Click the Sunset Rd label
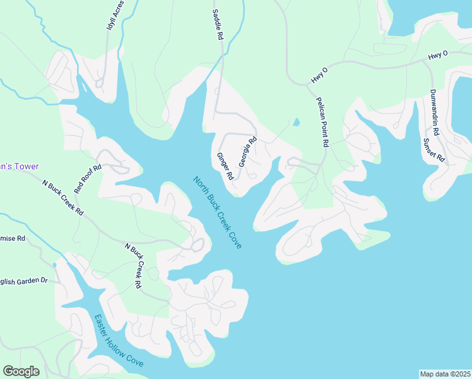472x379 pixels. pyautogui.click(x=434, y=150)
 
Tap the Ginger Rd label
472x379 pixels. pyautogui.click(x=225, y=166)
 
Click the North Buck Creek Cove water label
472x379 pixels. pyautogui.click(x=217, y=212)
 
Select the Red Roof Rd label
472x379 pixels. pyautogui.click(x=88, y=179)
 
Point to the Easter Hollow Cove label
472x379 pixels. pyautogui.click(x=119, y=341)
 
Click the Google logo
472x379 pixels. pyautogui.click(x=21, y=371)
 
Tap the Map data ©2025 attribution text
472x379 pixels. pyautogui.click(x=445, y=373)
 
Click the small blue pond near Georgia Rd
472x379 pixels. pyautogui.click(x=296, y=122)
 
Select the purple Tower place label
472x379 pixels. pyautogui.click(x=19, y=167)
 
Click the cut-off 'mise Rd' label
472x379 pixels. pyautogui.click(x=12, y=238)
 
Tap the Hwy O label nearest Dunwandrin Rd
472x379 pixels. pyautogui.click(x=437, y=56)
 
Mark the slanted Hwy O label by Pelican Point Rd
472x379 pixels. pyautogui.click(x=320, y=75)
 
